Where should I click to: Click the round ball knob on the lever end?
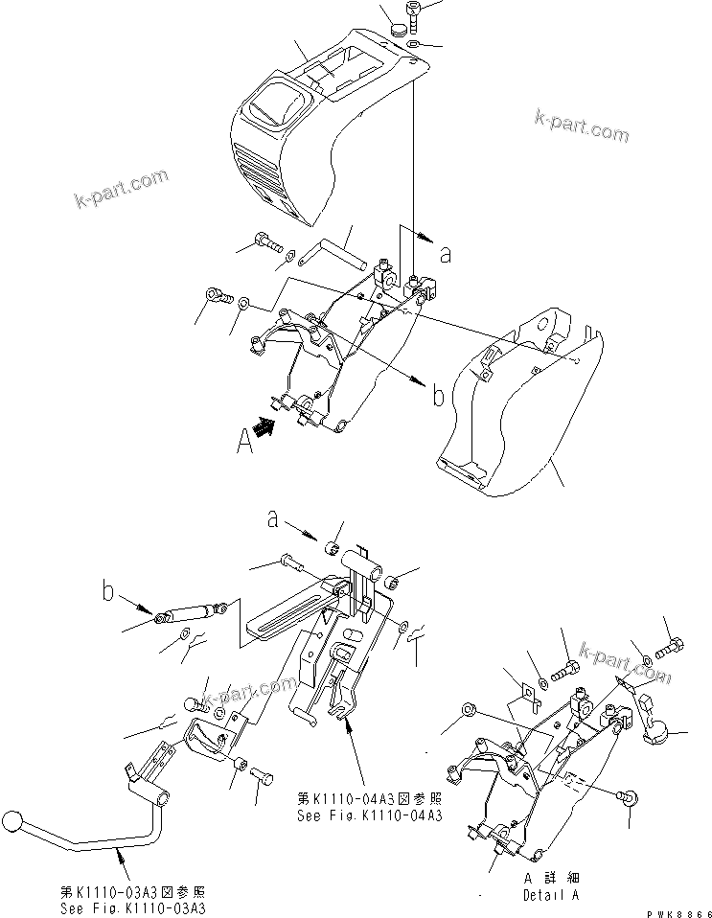12,823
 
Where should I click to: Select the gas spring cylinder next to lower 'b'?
190,610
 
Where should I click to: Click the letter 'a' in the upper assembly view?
444,254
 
